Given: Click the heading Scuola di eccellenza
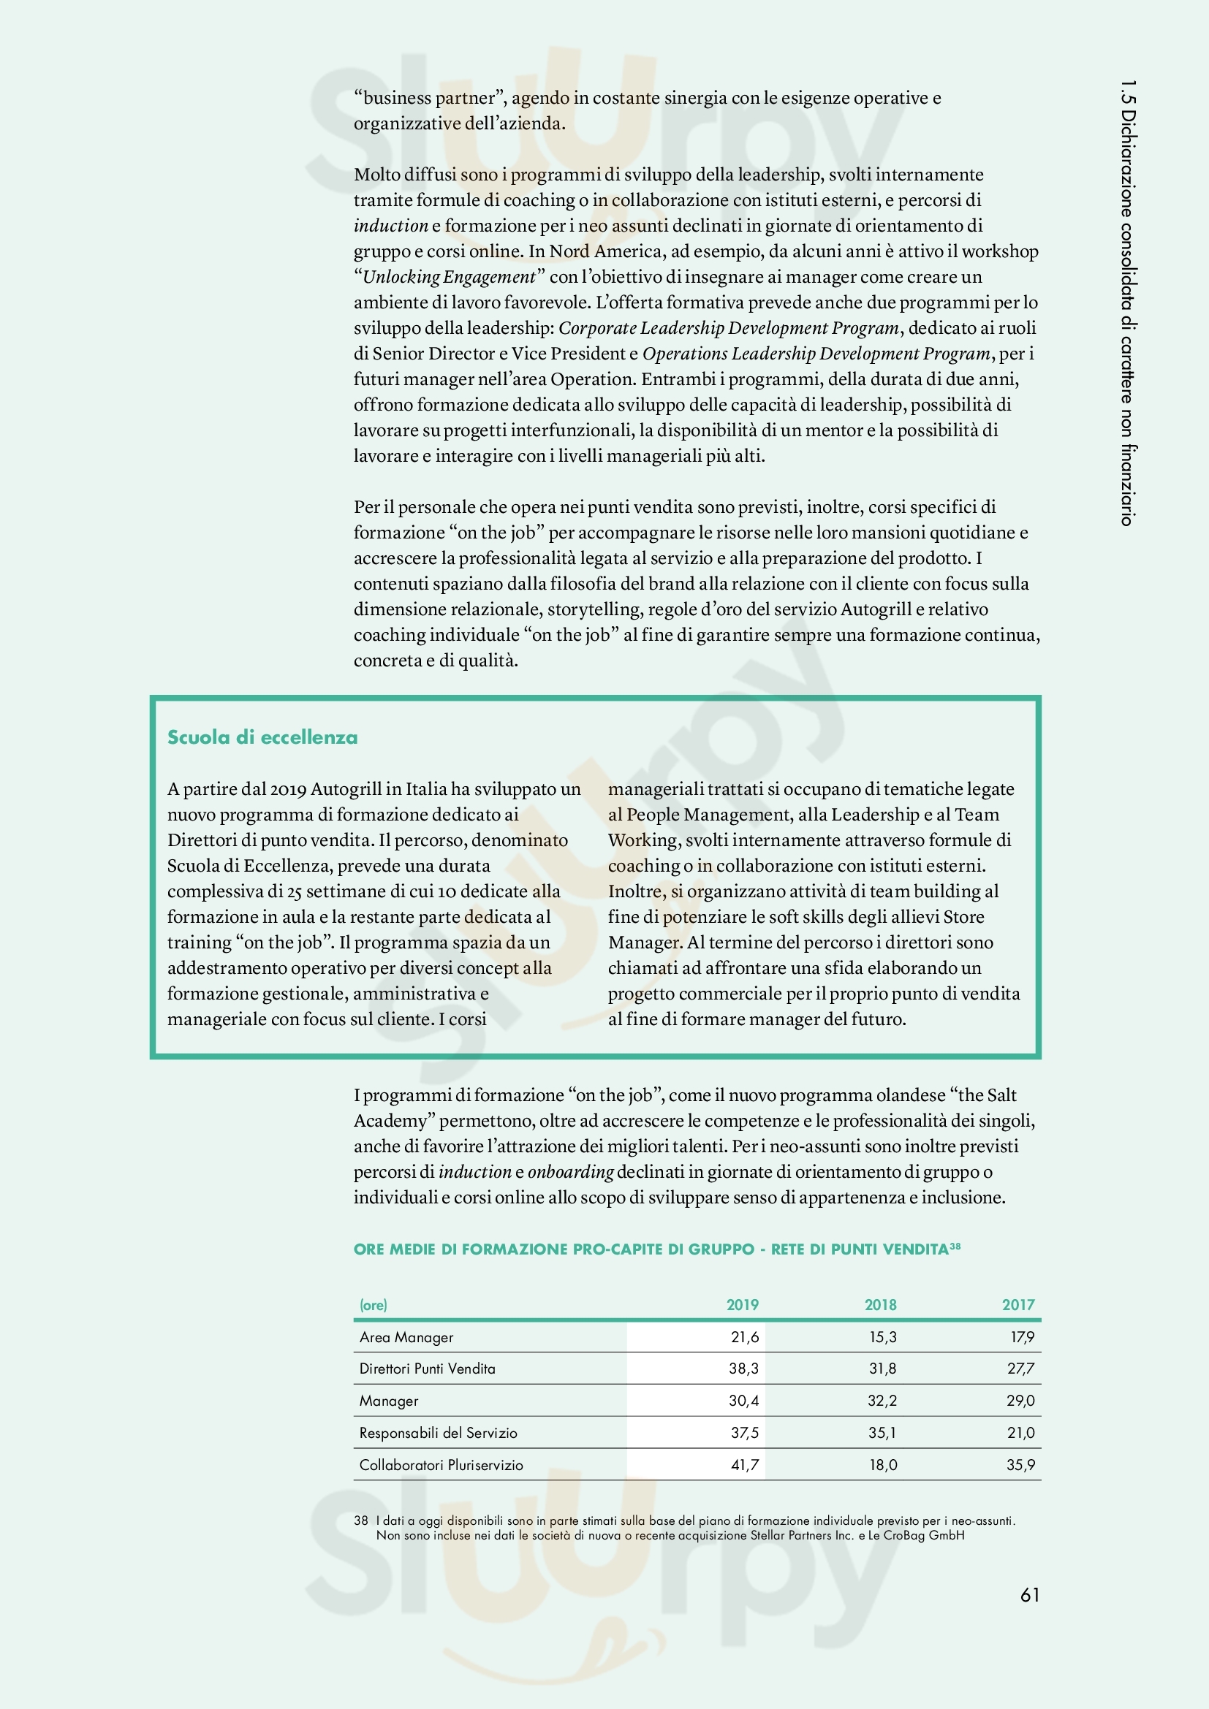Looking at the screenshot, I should click(x=262, y=737).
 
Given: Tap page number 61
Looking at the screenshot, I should click(x=1030, y=1594).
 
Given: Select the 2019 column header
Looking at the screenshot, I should click(x=742, y=1304).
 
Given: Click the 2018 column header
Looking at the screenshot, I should click(x=881, y=1304).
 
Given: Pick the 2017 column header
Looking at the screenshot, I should click(x=1017, y=1304).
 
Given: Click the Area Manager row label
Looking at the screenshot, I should click(x=406, y=1337).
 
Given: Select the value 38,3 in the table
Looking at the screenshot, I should click(x=743, y=1368).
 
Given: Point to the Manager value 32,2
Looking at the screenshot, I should click(x=882, y=1400).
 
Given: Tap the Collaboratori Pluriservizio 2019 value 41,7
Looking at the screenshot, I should click(x=743, y=1465).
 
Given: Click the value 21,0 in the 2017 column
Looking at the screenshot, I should click(x=1020, y=1432).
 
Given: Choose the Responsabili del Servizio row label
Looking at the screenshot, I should click(x=438, y=1433).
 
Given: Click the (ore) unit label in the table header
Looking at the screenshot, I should click(x=373, y=1305).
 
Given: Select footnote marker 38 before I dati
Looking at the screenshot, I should click(x=361, y=1520).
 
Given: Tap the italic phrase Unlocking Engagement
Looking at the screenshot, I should click(x=448, y=277).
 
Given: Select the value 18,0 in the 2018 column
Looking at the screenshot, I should click(x=883, y=1465).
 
